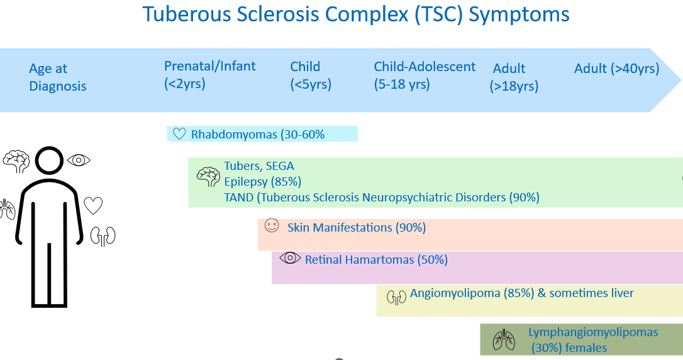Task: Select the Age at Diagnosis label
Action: coord(57,77)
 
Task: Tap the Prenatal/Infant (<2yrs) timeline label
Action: coord(209,74)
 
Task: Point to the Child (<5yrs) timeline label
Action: coord(310,75)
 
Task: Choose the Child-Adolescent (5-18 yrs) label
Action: coord(424,75)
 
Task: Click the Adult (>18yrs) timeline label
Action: coord(514,77)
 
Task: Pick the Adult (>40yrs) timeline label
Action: coord(616,69)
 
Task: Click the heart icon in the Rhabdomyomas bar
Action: coord(179,134)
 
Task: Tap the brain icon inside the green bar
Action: coord(208,177)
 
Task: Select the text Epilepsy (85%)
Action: coord(262,182)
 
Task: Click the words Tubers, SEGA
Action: coord(258,166)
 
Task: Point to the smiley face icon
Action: coord(271,226)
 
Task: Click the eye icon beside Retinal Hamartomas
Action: coord(290,257)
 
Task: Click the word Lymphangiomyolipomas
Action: coord(592,332)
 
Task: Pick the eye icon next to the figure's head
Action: coord(79,160)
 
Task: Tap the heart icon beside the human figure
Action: coord(93,205)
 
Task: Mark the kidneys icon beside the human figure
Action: coord(103,236)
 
